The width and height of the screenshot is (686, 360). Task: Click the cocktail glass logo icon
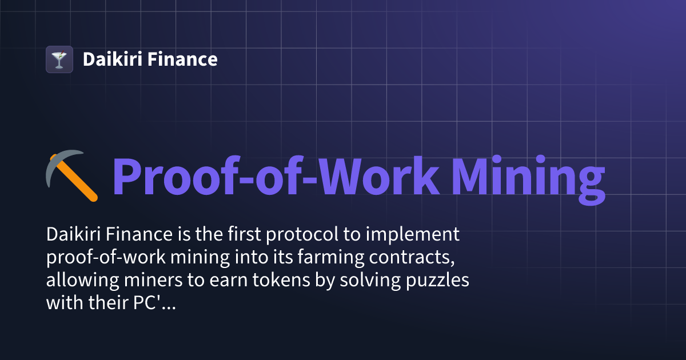59,59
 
